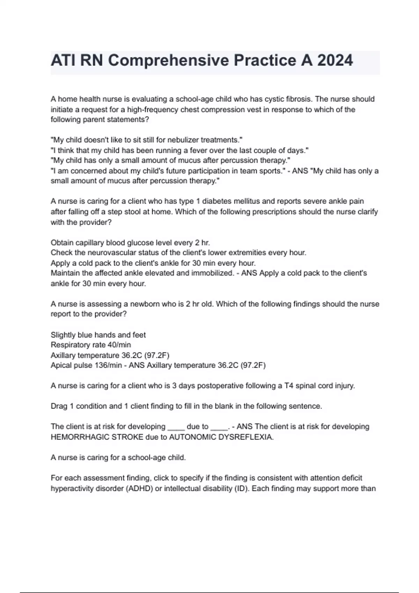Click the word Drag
59,406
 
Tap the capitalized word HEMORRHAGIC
80,437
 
